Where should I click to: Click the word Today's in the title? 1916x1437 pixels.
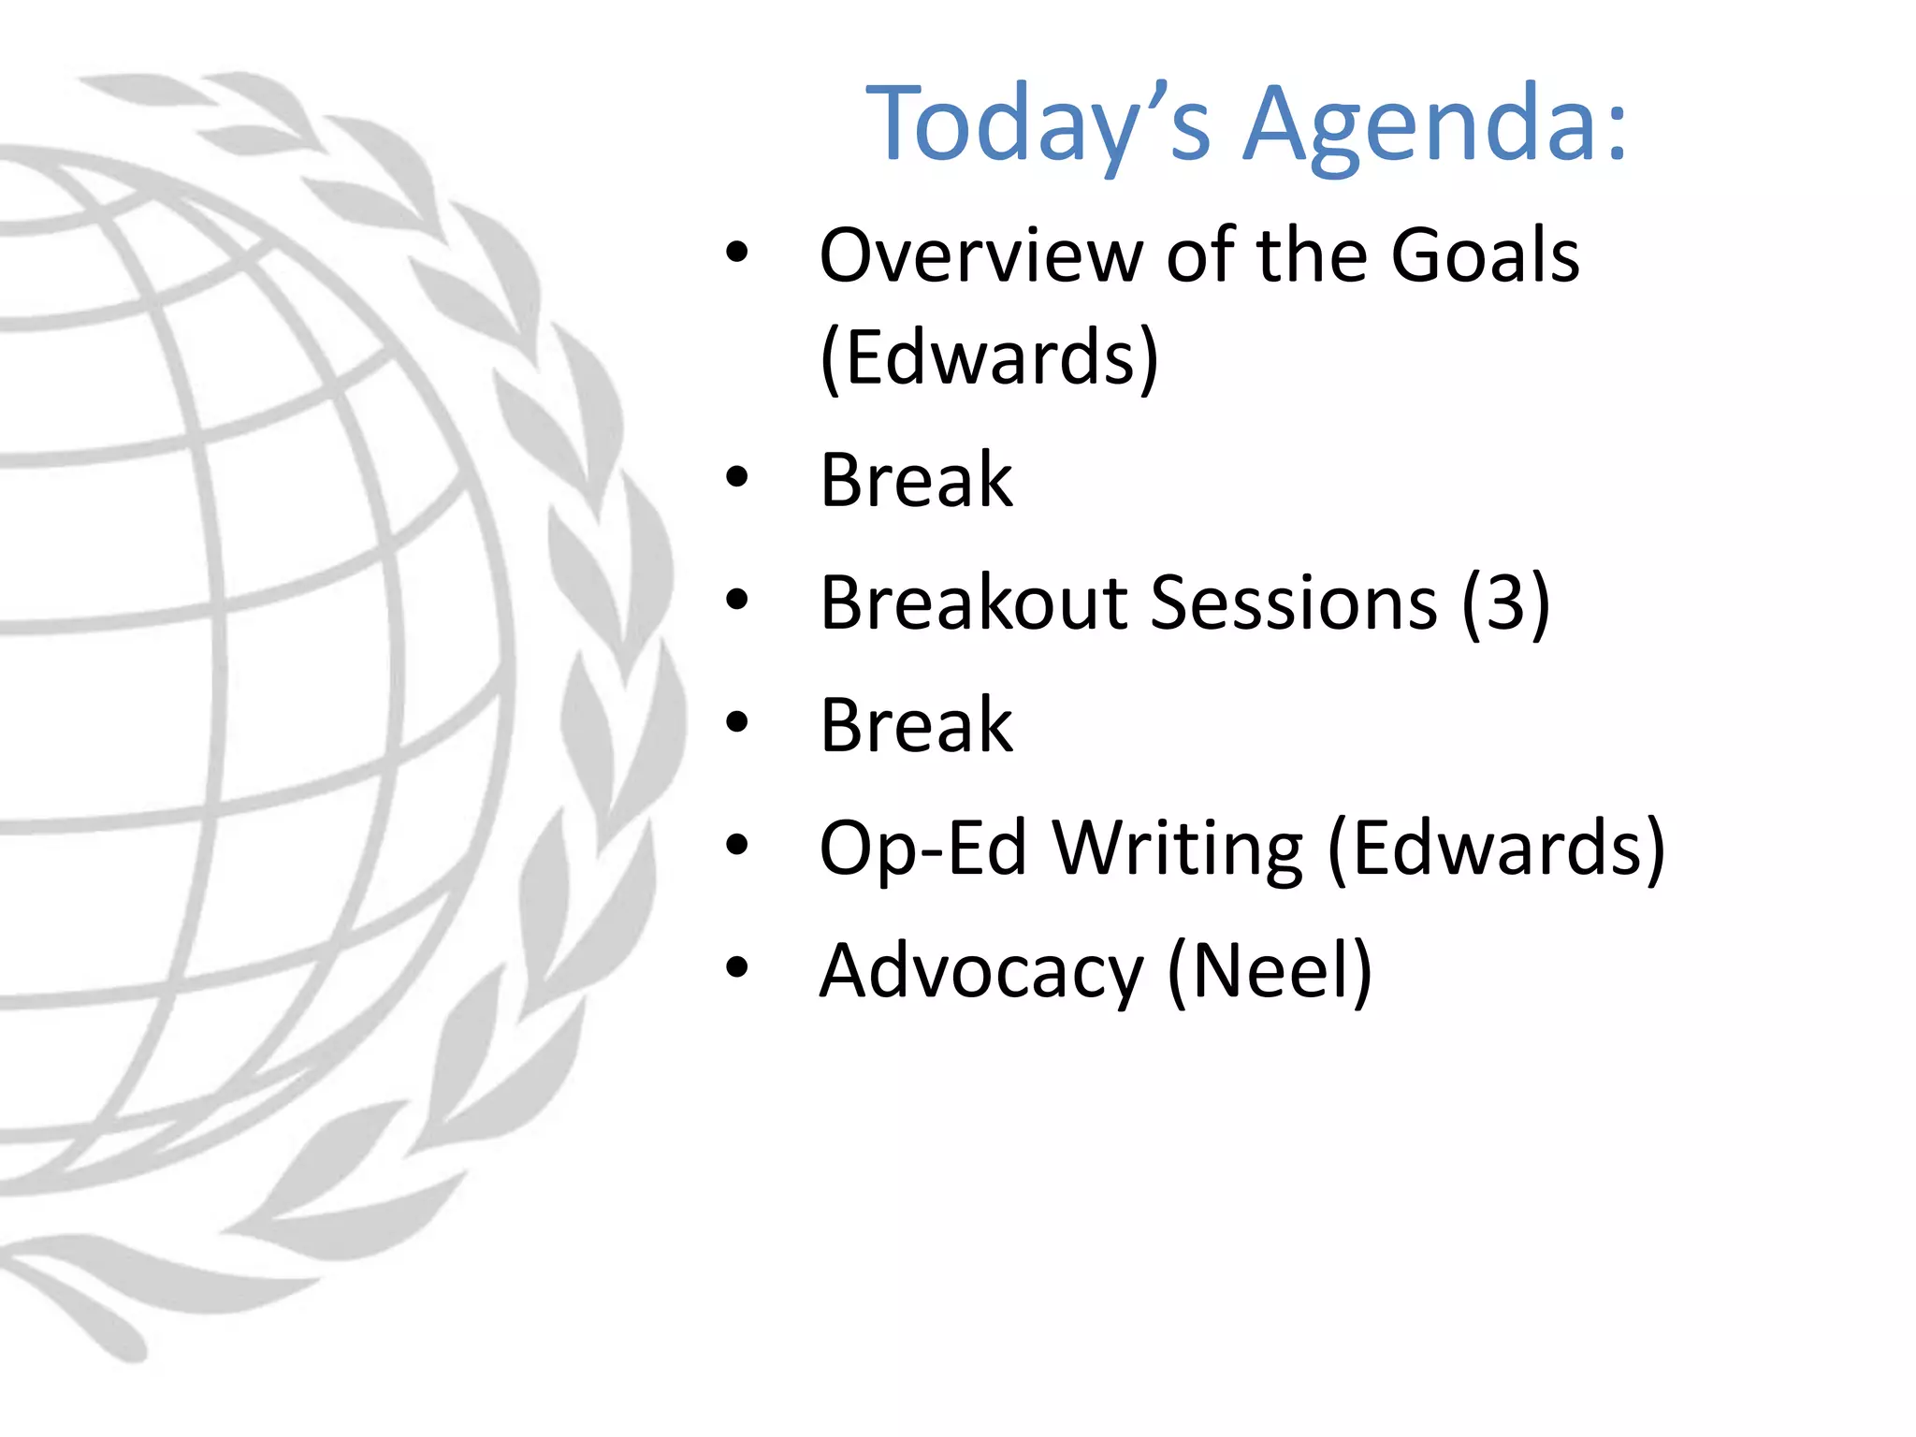point(1038,126)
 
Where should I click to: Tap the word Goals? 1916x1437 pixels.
point(1485,255)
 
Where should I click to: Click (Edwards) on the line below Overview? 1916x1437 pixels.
point(989,358)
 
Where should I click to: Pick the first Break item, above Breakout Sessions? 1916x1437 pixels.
point(916,481)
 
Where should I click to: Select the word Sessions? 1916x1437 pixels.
point(1293,603)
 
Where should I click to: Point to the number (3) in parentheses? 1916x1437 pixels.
point(1505,603)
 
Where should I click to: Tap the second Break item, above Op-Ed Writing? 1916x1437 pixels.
point(916,726)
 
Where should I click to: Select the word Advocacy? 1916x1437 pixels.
point(980,972)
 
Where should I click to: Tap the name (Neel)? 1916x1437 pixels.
point(1270,972)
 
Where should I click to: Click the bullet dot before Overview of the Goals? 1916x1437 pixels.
point(737,253)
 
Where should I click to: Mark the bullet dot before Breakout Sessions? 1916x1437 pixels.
point(737,601)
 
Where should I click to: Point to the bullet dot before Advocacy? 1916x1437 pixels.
point(737,968)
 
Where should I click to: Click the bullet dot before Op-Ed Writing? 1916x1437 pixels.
point(737,846)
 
